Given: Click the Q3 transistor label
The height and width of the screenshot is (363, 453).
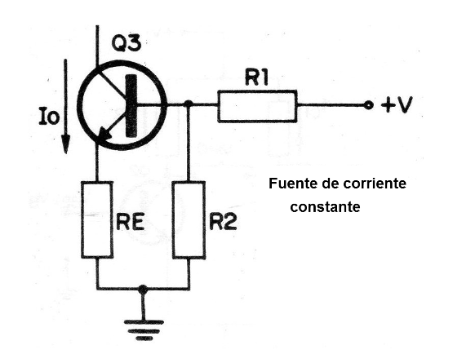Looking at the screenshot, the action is coord(127,43).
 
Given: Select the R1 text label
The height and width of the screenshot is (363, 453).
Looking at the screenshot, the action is coord(256,77).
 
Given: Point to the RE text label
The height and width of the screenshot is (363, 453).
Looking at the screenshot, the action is coord(130,223).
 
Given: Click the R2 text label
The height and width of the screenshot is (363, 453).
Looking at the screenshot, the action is coord(223,223).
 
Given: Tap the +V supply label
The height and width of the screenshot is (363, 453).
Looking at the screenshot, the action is coord(397,105).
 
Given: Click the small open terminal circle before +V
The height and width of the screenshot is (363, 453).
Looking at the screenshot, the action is coord(368,106).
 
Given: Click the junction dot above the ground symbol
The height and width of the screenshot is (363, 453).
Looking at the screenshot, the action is coord(143,288).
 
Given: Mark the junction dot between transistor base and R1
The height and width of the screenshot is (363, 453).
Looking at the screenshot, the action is coord(189,104).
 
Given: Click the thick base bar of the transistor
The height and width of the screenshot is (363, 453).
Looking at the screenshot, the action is coord(131,105).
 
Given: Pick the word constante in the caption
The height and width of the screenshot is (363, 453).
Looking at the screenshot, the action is coord(325,206).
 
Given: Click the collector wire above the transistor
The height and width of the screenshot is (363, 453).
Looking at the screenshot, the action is coord(97,46).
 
